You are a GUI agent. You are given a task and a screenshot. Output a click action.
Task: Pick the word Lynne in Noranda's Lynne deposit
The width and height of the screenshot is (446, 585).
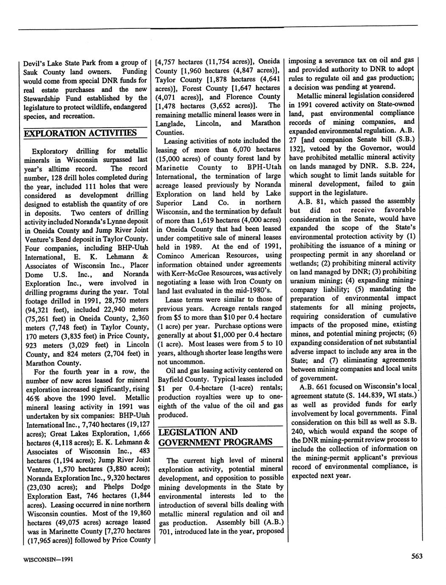(x=124, y=221)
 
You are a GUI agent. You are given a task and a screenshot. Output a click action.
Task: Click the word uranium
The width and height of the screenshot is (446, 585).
(x=302, y=281)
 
